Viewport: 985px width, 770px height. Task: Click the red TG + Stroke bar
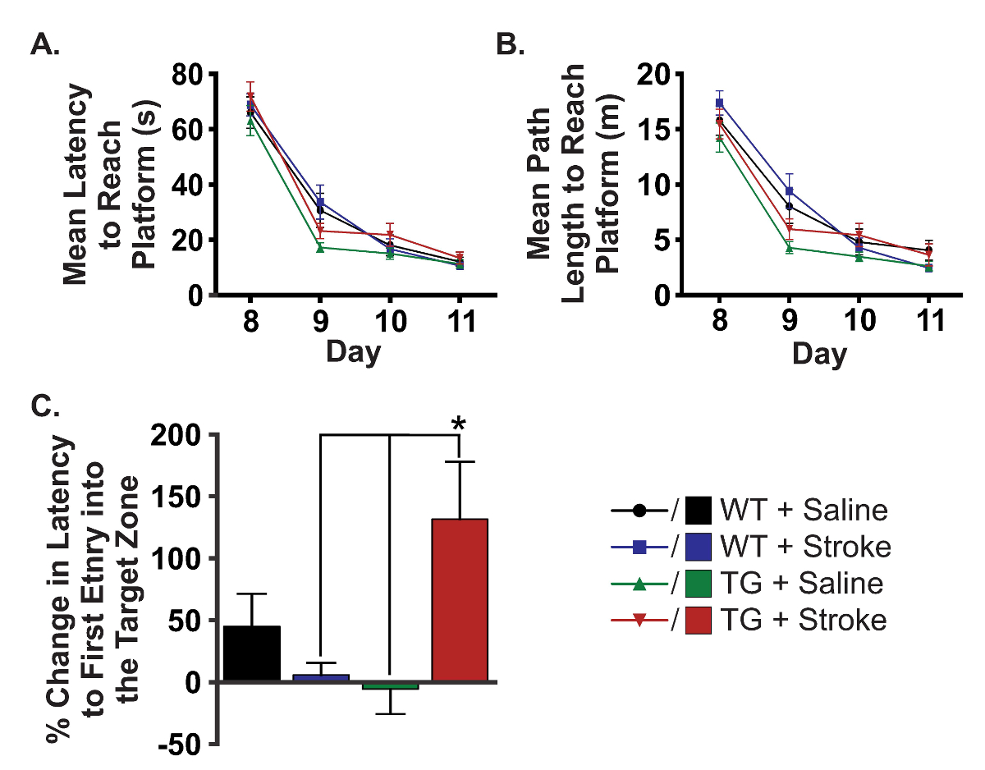point(460,600)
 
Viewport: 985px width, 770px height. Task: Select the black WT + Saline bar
point(252,654)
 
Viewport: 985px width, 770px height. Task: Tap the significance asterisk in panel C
point(458,424)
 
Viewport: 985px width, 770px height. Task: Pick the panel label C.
point(44,406)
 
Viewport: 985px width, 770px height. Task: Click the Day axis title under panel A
point(354,352)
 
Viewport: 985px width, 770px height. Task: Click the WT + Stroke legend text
point(804,547)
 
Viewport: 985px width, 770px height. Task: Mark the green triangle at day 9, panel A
point(320,247)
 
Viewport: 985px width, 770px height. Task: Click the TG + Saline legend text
point(801,584)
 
